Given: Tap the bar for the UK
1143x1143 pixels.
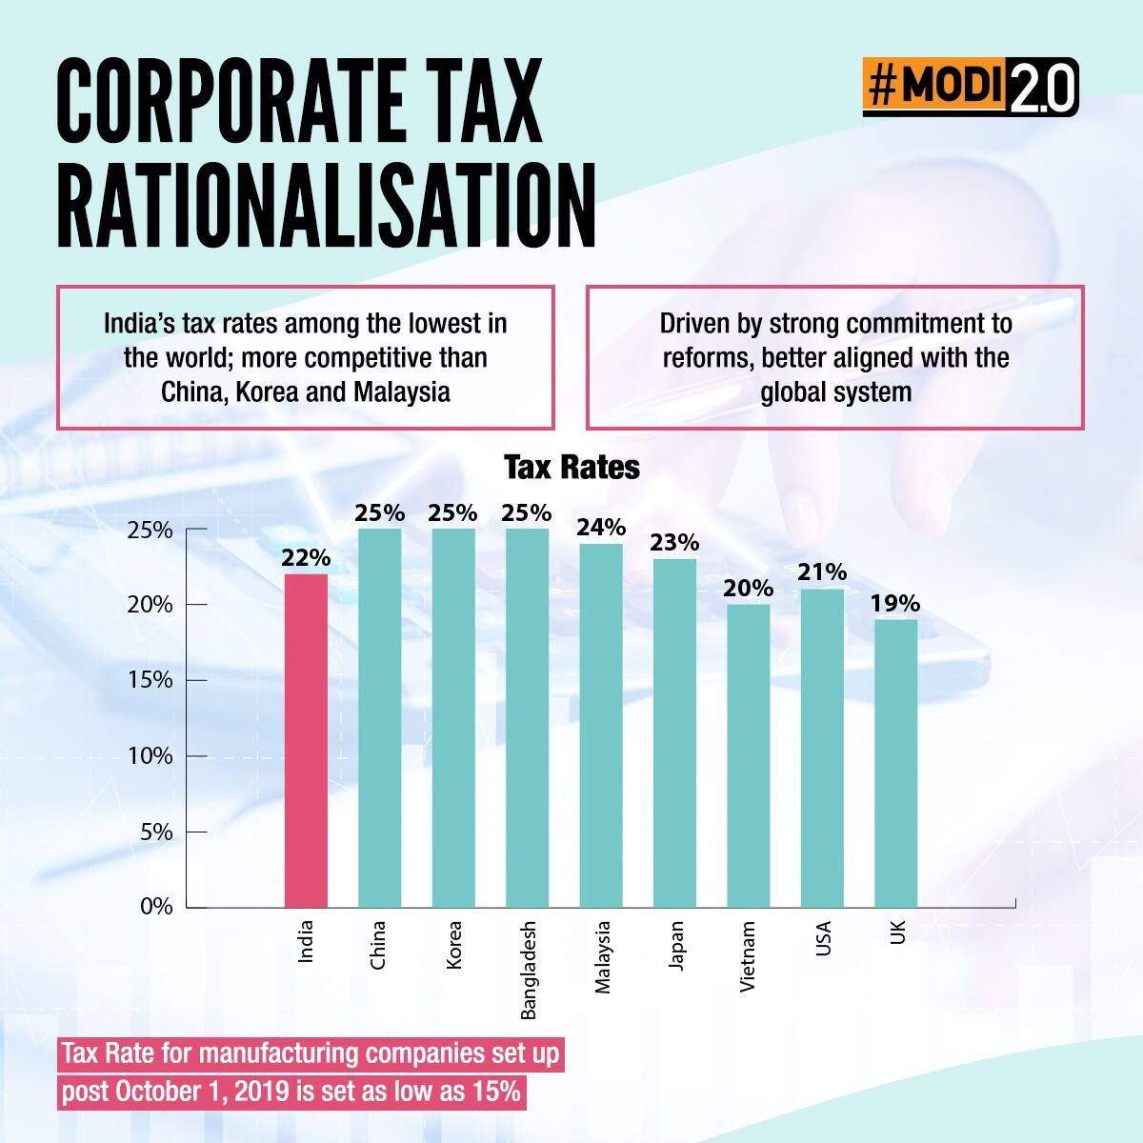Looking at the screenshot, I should [895, 763].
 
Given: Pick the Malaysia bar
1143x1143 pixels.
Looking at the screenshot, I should [601, 725].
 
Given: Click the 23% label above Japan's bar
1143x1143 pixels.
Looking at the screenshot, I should [674, 543].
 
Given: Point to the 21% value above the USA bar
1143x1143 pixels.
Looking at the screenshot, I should [822, 572].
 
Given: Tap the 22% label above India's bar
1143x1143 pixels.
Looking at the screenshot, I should [306, 558].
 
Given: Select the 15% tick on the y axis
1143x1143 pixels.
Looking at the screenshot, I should [150, 680].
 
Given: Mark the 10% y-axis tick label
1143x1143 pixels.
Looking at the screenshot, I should [150, 756].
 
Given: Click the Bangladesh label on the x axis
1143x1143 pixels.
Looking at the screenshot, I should [529, 970].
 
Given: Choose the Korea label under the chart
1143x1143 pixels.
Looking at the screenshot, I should [453, 944].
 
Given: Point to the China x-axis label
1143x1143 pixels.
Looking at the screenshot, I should [378, 944].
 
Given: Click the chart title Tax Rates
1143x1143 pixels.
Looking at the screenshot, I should [571, 468].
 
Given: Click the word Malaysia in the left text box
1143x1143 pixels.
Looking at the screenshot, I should [401, 391].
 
